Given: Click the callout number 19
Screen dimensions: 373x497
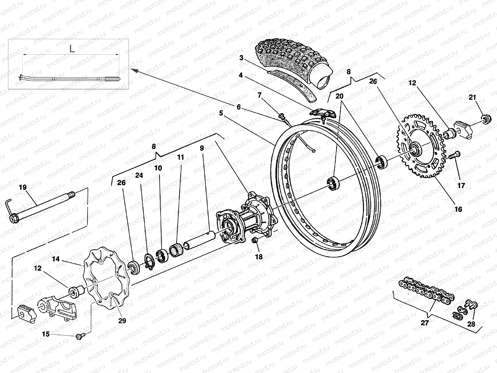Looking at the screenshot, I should coord(23,187).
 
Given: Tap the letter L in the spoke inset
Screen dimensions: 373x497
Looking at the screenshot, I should coord(72,49).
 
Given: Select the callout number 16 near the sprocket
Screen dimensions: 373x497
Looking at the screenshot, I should coord(458,209).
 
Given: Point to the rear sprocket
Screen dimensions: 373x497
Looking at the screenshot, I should coord(419,146).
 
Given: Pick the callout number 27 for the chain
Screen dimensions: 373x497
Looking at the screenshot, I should coord(425,323).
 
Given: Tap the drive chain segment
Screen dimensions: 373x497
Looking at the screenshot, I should coord(426,291).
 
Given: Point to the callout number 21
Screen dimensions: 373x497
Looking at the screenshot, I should coord(472,97).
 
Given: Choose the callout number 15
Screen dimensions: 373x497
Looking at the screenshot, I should coord(46,334).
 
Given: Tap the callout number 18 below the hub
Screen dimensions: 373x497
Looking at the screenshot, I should coord(259,256).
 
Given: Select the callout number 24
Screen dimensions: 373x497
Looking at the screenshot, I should coord(139,176).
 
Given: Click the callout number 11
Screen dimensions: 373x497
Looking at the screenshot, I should coord(180,157).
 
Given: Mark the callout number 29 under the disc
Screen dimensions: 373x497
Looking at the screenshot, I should coord(122,320).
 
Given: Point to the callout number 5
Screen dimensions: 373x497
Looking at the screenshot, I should coord(221,113).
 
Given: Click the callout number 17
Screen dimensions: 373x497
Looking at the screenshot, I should coord(461,186).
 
